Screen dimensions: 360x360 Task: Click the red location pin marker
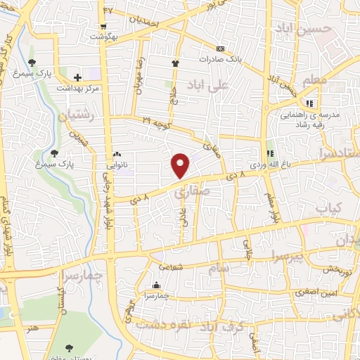[x=181, y=165]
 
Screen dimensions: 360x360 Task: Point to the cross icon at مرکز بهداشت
[x=77, y=75]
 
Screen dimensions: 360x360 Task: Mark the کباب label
[x=328, y=208]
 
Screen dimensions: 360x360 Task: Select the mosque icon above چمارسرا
[x=156, y=285]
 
